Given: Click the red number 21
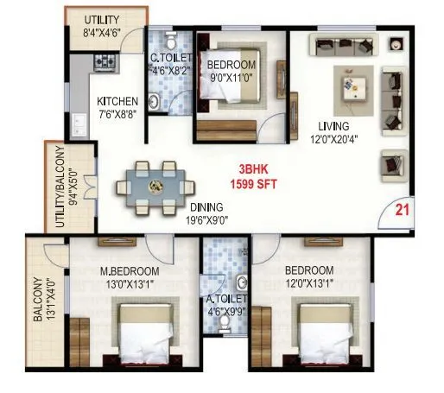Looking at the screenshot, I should [x=402, y=208].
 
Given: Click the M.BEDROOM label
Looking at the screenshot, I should [x=132, y=270].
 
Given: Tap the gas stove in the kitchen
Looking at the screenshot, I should [x=104, y=62].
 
